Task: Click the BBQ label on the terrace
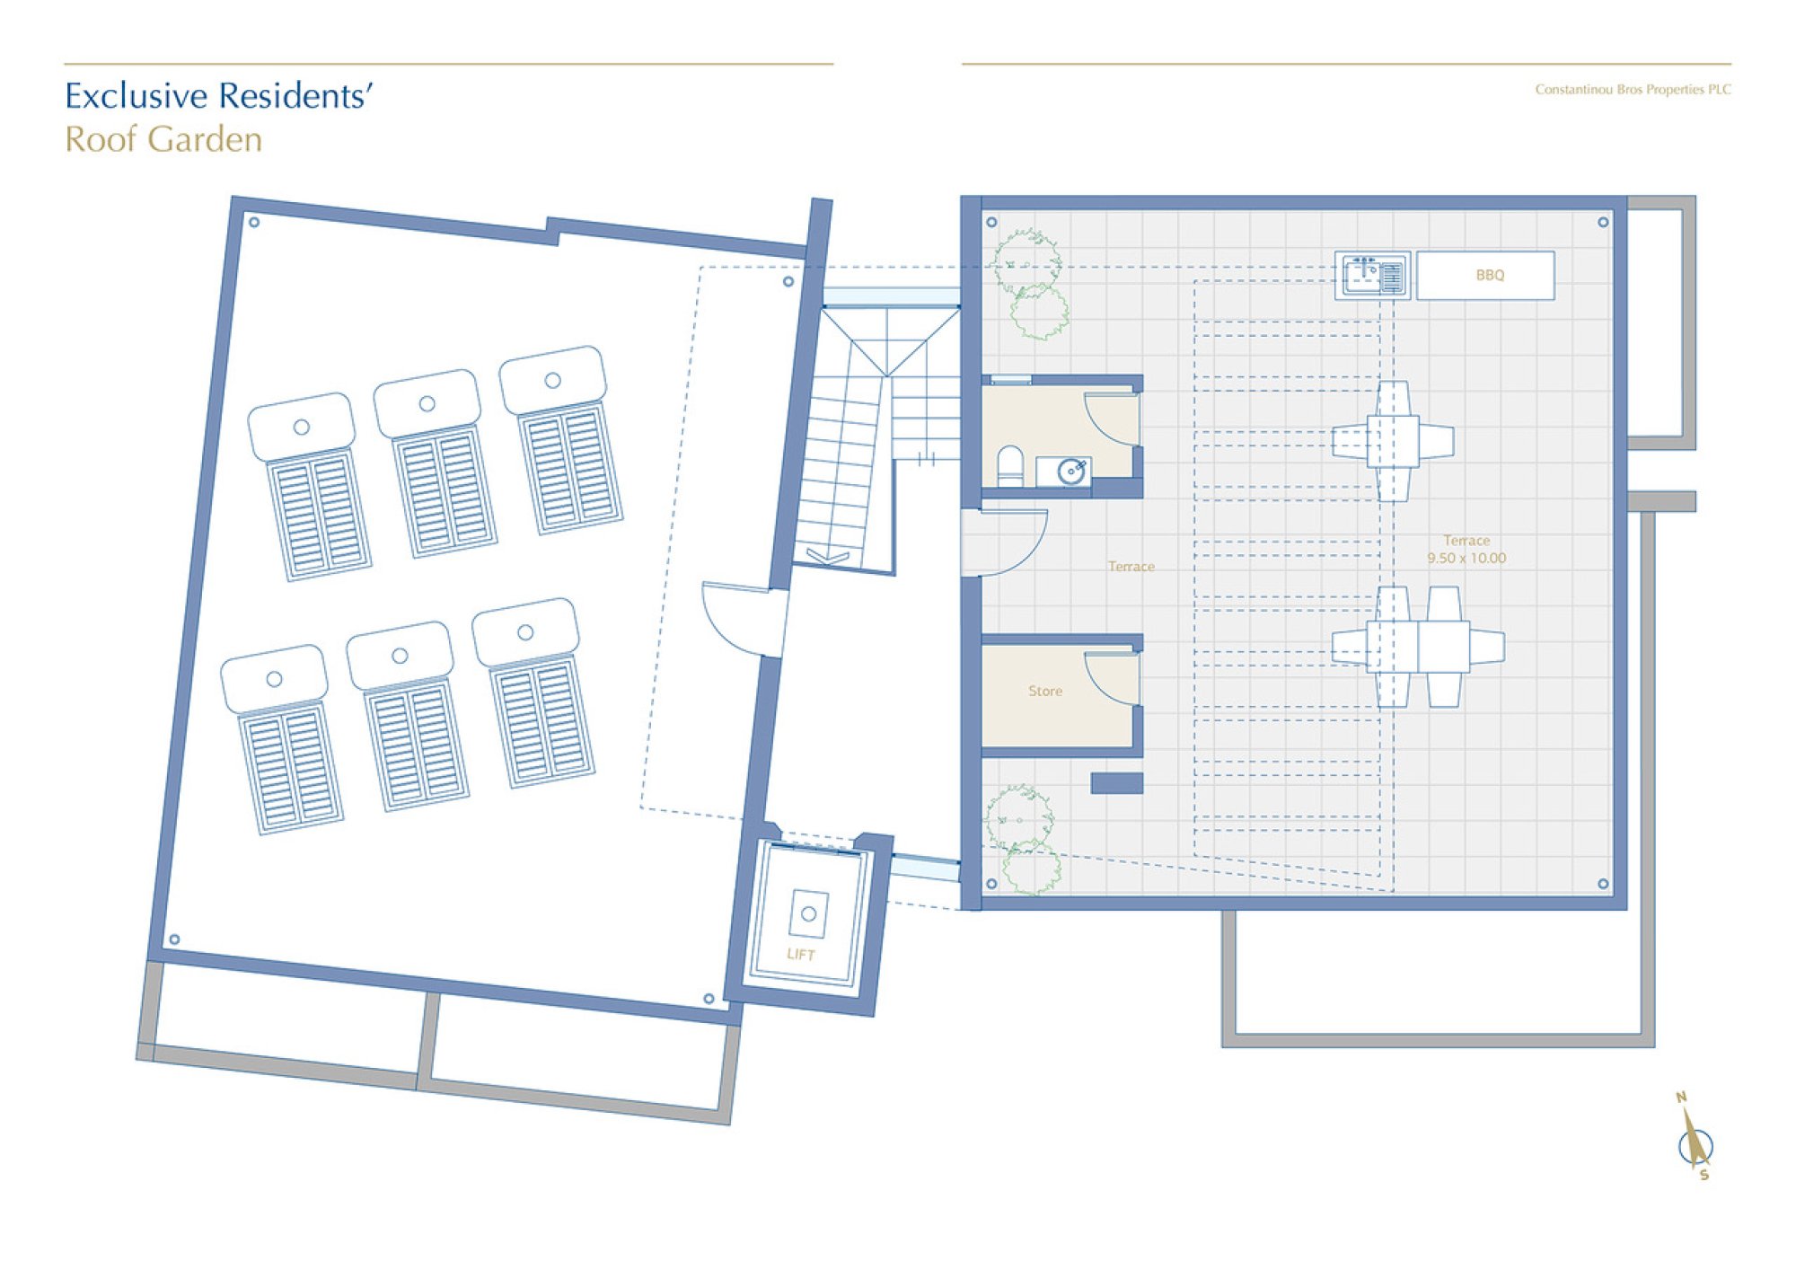coord(1490,275)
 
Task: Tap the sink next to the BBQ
coord(1371,275)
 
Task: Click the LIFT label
coord(801,954)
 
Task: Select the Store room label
coord(1045,691)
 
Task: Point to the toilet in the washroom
coord(1010,466)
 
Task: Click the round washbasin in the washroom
coord(1070,472)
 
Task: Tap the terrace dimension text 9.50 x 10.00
coord(1466,558)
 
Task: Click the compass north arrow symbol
coord(1695,1138)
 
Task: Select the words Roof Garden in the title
coord(163,139)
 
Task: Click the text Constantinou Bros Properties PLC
coord(1633,89)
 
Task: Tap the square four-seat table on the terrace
coord(1393,441)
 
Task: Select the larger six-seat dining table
coord(1418,647)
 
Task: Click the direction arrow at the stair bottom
coord(827,557)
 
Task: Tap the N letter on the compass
coord(1681,1097)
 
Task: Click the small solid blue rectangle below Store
coord(1117,783)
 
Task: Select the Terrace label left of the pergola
coord(1131,566)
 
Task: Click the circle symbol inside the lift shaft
coord(808,913)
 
